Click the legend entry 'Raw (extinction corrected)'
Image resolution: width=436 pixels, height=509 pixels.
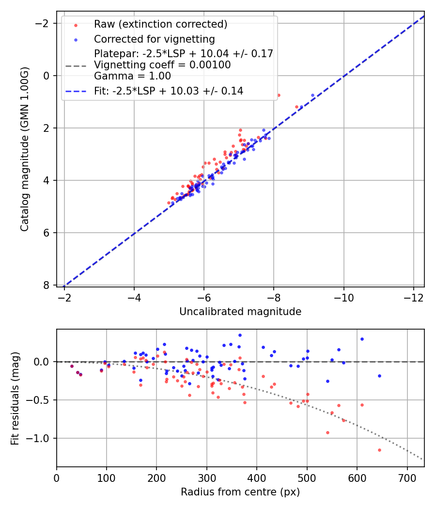(160, 24)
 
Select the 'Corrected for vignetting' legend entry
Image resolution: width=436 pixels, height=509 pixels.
(154, 39)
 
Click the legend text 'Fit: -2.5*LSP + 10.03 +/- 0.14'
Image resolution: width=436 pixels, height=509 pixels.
(169, 91)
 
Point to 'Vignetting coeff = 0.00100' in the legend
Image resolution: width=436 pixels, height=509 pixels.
(162, 65)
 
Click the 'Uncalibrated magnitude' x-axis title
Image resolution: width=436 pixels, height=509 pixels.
(240, 312)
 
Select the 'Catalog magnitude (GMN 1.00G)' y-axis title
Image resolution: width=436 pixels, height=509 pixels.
(25, 149)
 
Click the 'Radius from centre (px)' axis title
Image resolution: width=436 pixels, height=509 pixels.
(240, 492)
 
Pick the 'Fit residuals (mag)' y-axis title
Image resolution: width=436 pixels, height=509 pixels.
(15, 398)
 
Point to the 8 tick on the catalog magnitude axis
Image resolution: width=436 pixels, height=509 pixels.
(47, 285)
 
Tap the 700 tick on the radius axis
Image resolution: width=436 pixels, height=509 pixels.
(407, 477)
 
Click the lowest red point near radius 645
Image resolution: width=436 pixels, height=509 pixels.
(379, 450)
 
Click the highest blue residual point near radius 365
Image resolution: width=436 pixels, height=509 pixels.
(240, 335)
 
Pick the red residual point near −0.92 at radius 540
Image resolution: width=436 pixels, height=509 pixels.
(327, 432)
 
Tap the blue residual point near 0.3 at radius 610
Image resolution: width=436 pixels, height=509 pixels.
(362, 339)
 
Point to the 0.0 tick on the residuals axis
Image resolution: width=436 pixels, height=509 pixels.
(44, 362)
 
